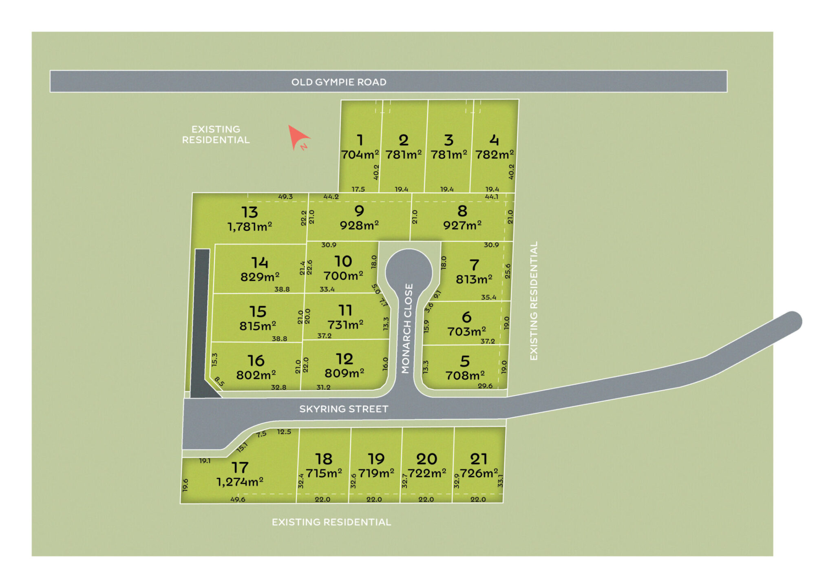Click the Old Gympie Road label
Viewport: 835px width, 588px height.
(x=338, y=82)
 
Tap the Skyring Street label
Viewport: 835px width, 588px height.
(x=343, y=409)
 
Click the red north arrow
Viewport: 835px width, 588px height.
(x=298, y=137)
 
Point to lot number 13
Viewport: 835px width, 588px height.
(x=250, y=212)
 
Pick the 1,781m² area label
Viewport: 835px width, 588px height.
(x=250, y=227)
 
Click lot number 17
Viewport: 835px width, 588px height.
(x=240, y=467)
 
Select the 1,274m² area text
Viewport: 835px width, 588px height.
(x=240, y=482)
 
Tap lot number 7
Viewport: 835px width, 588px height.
(x=474, y=265)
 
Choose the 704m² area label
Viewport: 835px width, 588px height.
(x=360, y=155)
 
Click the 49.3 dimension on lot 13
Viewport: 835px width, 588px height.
(x=285, y=197)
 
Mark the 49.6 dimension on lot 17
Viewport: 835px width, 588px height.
(x=238, y=499)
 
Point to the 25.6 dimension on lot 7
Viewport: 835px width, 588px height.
(x=508, y=271)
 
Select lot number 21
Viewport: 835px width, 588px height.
(x=479, y=459)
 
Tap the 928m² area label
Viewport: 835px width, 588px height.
(x=359, y=225)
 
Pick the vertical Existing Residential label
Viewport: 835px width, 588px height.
(x=534, y=301)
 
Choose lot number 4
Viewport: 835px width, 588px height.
(x=494, y=140)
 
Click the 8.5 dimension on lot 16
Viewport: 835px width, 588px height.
(x=219, y=381)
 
